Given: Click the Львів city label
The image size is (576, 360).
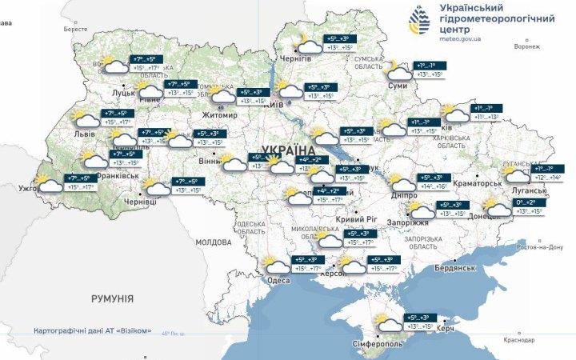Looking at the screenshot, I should [x=84, y=134].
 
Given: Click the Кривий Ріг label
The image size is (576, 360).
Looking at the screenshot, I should [x=350, y=219].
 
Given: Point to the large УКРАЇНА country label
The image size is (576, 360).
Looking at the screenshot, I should [x=288, y=150].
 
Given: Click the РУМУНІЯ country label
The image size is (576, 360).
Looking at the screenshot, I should [x=112, y=298].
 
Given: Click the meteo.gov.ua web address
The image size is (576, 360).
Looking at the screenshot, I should [x=462, y=38].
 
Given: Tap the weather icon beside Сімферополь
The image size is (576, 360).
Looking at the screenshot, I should [x=388, y=322].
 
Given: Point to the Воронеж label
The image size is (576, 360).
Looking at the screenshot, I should [x=528, y=46].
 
